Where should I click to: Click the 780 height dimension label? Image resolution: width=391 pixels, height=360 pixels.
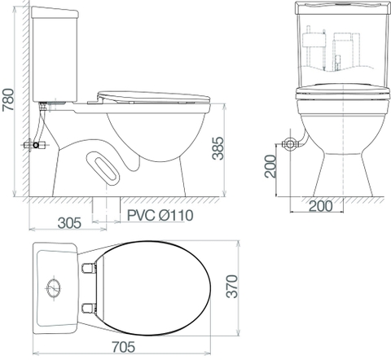pos(11,101)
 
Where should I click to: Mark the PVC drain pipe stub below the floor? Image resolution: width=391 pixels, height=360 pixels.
pos(107,209)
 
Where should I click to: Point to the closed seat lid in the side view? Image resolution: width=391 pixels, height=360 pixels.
pos(152,95)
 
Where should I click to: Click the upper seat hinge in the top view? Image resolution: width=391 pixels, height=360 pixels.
pos(90,266)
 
